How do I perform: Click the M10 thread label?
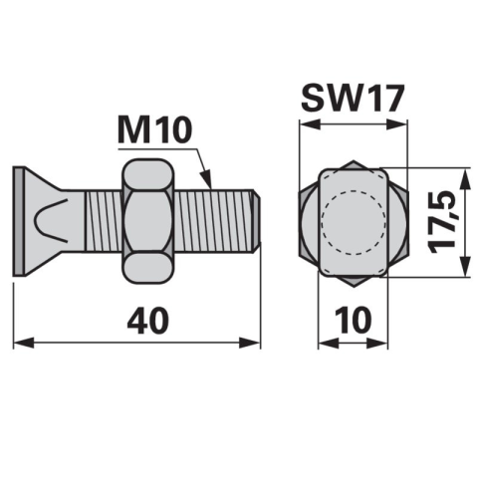point(155,130)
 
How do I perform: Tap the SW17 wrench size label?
point(353,99)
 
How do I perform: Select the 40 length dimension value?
point(148,321)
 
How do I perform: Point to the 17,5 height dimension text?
point(441,222)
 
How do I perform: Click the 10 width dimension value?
point(354,321)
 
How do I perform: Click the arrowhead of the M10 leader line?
point(206,179)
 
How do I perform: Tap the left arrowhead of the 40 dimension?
point(23,343)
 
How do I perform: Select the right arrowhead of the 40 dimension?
point(250,343)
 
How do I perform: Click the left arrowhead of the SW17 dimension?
point(310,124)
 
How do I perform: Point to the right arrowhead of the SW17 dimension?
point(396,124)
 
